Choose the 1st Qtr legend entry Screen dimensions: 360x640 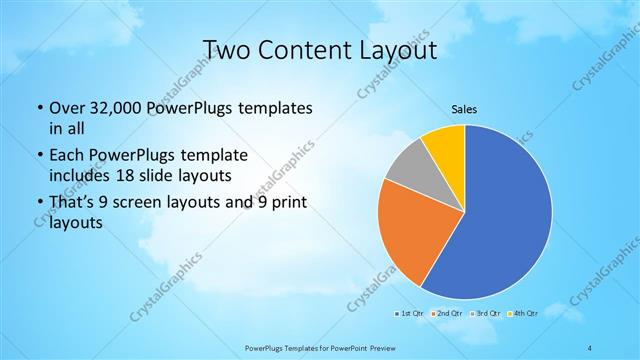[x=408, y=313]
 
